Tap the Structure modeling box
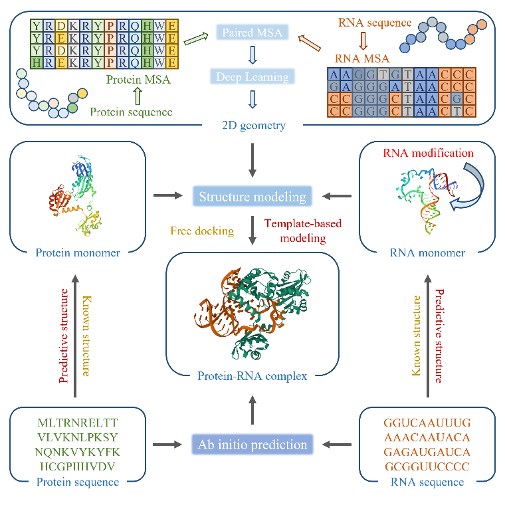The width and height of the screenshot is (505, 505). tap(252, 196)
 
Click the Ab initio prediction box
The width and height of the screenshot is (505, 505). tap(252, 444)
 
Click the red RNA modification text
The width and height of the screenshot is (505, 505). tap(428, 153)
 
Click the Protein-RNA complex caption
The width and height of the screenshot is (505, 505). tap(252, 376)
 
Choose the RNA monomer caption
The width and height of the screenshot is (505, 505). tap(427, 252)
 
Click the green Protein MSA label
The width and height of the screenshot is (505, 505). tap(138, 80)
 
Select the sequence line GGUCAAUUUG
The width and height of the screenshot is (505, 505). tap(427, 423)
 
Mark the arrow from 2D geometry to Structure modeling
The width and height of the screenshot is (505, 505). tap(252, 160)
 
